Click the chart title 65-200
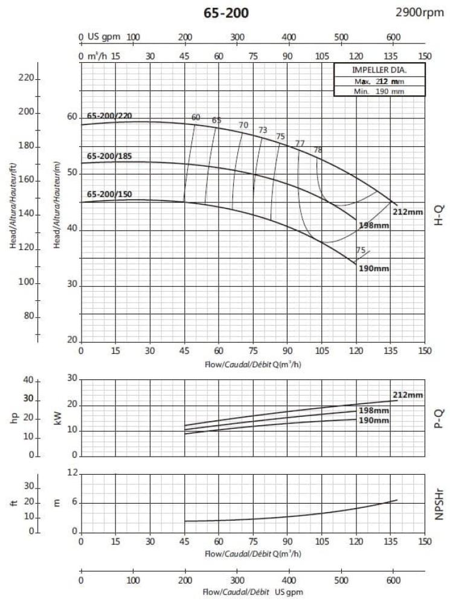coord(224,13)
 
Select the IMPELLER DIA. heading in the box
coord(379,69)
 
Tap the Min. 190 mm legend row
coord(379,91)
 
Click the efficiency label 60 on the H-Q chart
coord(195,117)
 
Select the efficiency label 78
coord(318,150)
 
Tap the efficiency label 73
coord(263,130)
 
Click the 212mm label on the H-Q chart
coord(407,212)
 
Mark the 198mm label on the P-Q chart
coord(374,411)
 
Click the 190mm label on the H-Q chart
coord(374,268)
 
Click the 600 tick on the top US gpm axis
coord(393,37)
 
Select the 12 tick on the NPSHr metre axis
coord(73,473)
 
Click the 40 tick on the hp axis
coord(28,380)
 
